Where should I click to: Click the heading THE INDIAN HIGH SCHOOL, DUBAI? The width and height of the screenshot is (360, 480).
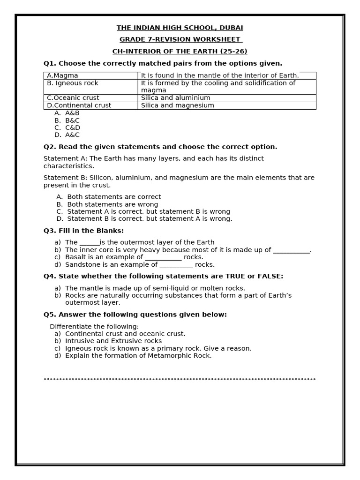(x=180, y=28)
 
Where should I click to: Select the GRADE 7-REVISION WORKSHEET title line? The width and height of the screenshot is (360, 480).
(x=180, y=40)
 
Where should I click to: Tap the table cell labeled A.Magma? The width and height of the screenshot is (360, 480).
(x=91, y=75)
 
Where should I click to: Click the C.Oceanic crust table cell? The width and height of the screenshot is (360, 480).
(x=91, y=98)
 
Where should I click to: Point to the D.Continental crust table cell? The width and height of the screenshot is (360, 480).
(x=91, y=105)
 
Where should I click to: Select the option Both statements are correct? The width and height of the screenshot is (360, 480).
(x=114, y=197)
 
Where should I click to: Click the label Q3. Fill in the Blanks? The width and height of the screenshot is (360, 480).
(x=83, y=231)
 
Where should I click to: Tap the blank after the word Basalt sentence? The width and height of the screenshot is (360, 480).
(x=163, y=257)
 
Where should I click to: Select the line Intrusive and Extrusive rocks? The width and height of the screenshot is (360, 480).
(x=113, y=341)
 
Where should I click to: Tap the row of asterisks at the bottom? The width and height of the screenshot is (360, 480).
(x=180, y=380)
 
